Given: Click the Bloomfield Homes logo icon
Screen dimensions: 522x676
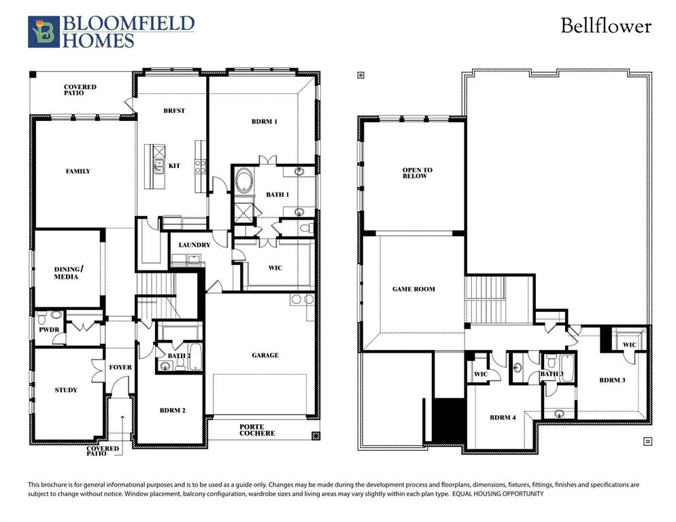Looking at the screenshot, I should coord(44,32).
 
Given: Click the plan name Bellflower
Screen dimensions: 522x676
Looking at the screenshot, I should coord(605,27).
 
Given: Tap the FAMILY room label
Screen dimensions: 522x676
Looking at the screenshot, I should coord(78,171).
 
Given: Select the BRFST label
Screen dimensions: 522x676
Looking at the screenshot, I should coord(174,111).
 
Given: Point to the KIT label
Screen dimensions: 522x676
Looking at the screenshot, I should coord(174,166).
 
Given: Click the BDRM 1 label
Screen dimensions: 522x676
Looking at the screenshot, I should coord(265,122).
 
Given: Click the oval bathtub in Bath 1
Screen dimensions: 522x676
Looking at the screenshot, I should coord(244,183).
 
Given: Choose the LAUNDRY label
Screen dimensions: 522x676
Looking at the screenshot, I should coord(194,245).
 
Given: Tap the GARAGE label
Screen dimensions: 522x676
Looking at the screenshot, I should coord(265,355).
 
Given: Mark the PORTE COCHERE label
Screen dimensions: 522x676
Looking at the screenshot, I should coord(257,430).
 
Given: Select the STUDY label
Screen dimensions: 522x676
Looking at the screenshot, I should coord(66,390).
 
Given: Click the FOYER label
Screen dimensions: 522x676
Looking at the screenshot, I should coord(120,368).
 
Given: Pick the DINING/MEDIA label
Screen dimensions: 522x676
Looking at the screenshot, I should coord(66,273).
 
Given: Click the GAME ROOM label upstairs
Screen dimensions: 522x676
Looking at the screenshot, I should coord(413,289).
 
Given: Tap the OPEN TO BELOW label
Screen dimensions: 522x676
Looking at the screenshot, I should coord(417,173).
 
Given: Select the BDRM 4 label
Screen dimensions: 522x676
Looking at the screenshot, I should coord(503,417).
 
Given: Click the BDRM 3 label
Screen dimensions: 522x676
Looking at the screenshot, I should coord(612,380).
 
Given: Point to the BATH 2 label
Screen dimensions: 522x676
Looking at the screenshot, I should coord(180,355).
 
